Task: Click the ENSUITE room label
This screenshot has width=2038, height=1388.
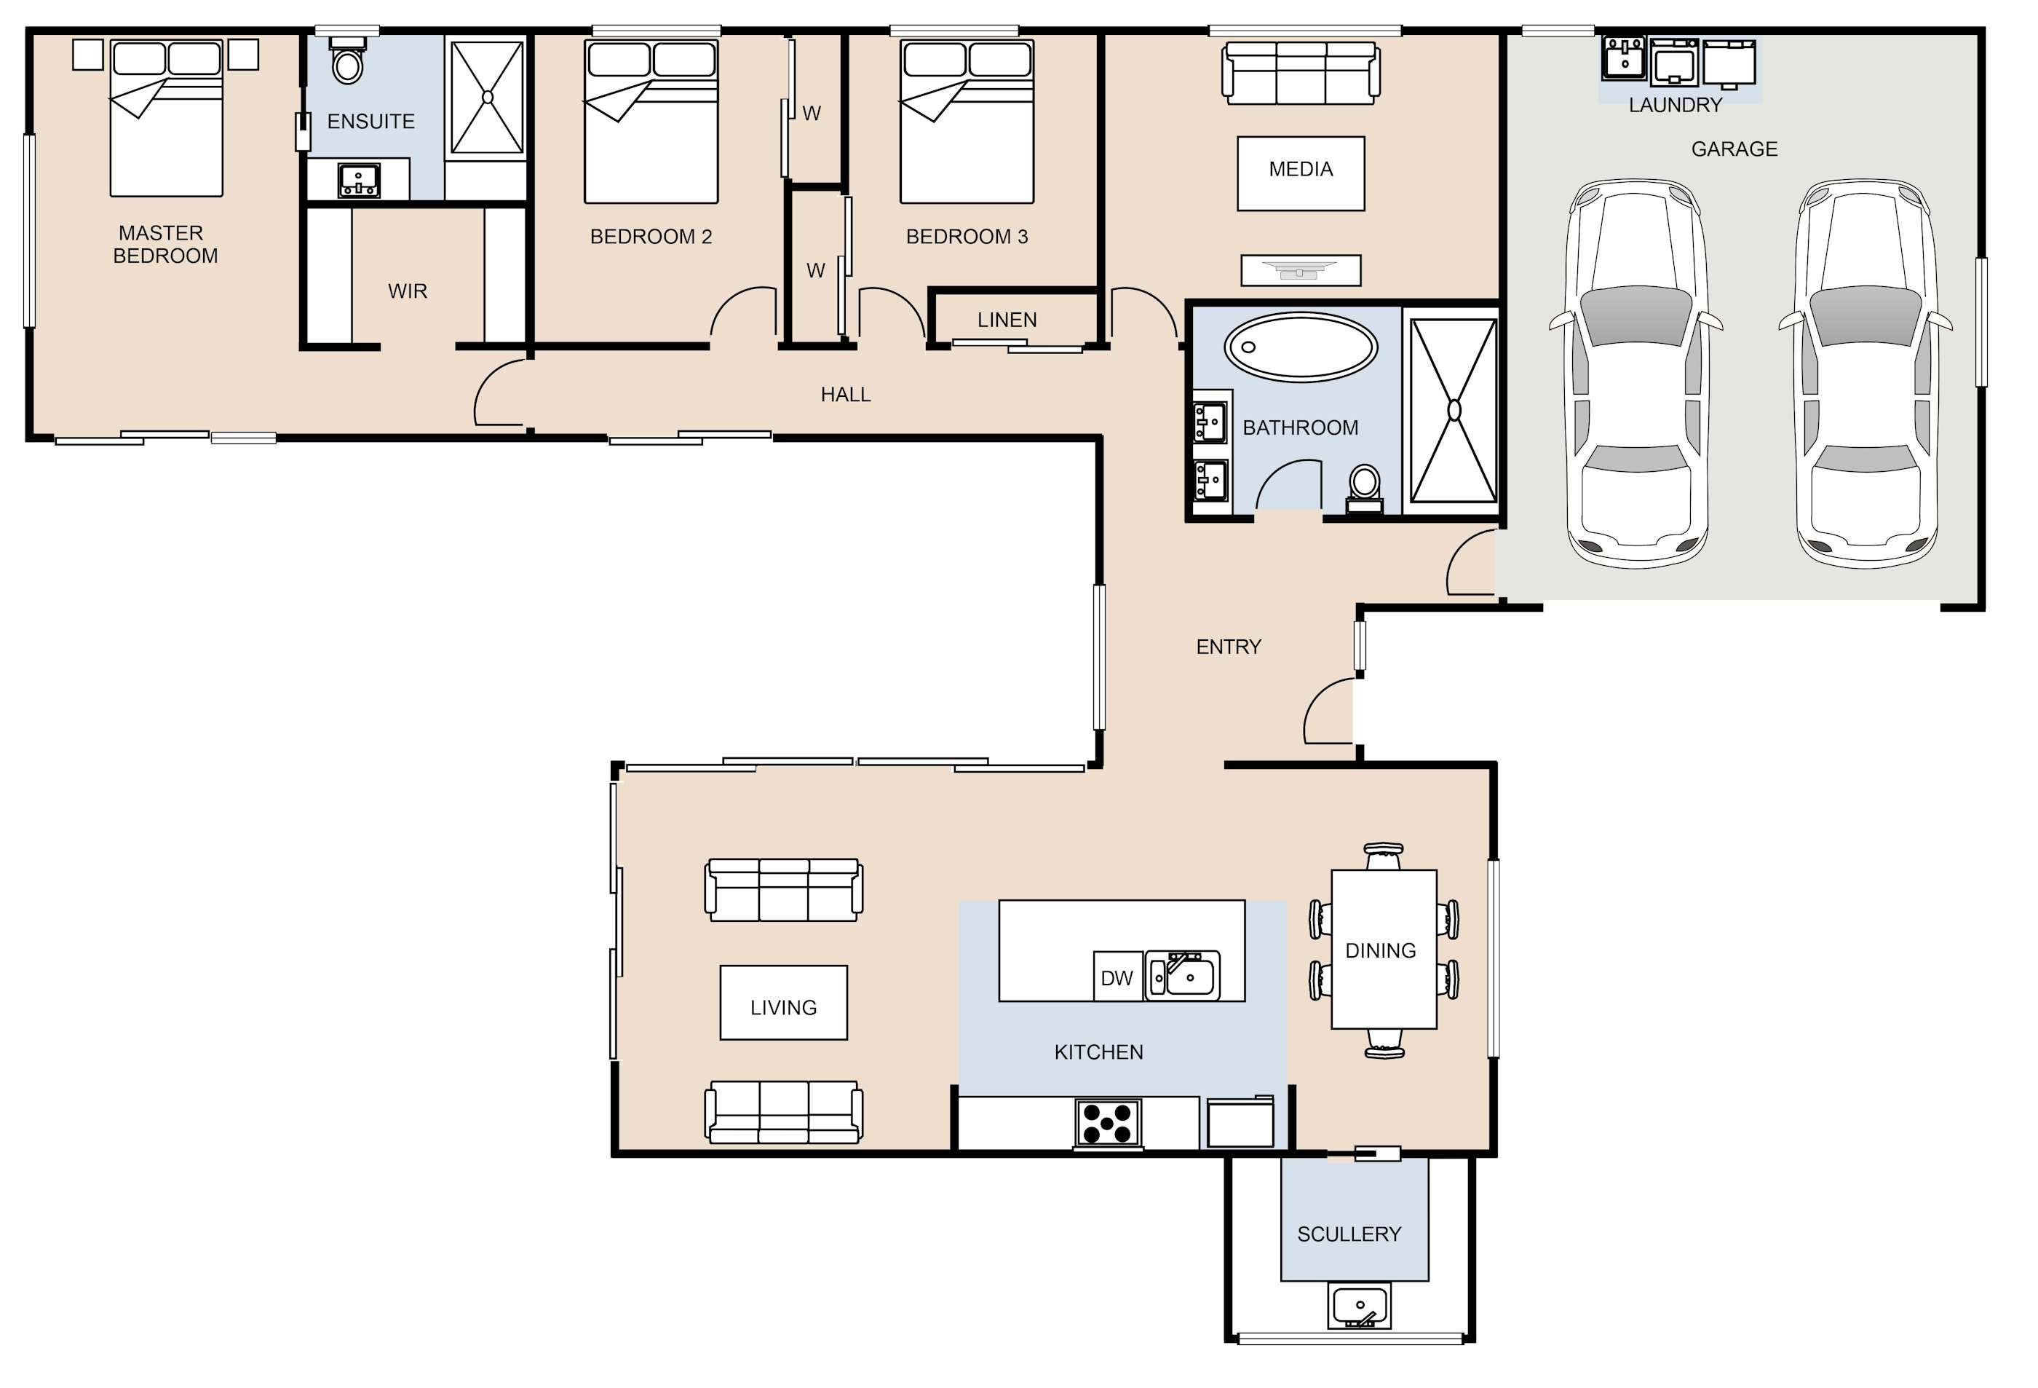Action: (x=371, y=122)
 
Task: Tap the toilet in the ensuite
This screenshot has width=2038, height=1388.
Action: (x=348, y=60)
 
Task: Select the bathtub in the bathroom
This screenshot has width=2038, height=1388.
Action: (x=1301, y=347)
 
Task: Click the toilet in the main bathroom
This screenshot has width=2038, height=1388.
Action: (x=1365, y=489)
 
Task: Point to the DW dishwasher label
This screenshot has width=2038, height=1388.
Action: (x=1117, y=978)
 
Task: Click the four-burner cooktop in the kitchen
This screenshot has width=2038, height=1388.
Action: (x=1108, y=1122)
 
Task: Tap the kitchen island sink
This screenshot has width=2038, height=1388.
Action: (x=1183, y=975)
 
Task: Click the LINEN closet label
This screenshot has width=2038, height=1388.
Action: (x=1007, y=320)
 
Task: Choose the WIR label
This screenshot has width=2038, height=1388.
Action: (x=408, y=291)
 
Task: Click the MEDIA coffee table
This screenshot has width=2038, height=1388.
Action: (x=1301, y=174)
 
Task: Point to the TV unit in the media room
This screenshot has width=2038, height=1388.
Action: (x=1301, y=270)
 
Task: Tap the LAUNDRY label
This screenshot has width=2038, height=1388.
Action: (x=1675, y=106)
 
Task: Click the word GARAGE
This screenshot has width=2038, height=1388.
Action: (x=1734, y=150)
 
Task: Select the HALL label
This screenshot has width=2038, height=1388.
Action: (x=845, y=395)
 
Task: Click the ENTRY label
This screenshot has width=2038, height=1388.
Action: (x=1229, y=647)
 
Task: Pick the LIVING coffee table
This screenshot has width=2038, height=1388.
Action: (x=783, y=1003)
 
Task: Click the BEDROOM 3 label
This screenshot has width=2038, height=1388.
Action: (x=967, y=237)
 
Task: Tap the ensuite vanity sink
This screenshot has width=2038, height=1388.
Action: (x=359, y=181)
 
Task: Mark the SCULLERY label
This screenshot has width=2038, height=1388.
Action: (x=1349, y=1234)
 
